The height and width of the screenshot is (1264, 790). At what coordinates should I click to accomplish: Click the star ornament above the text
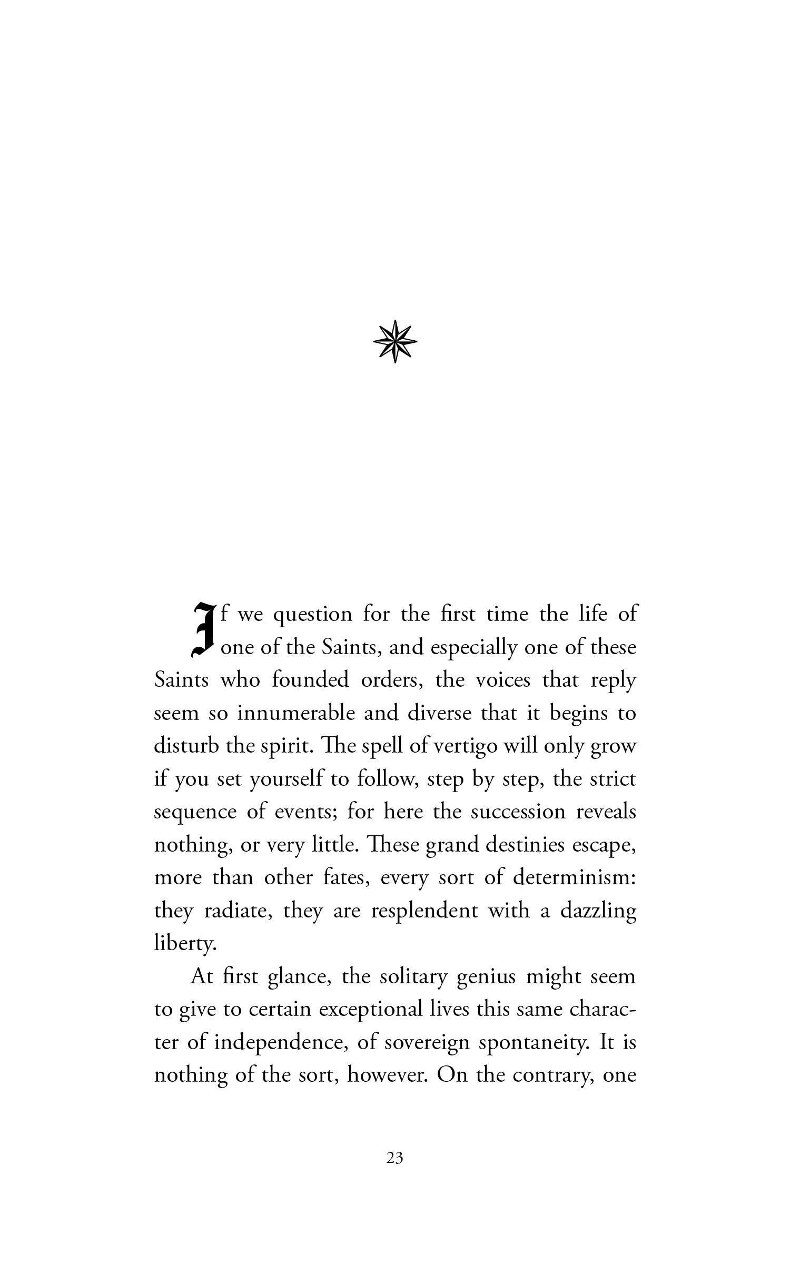point(395,341)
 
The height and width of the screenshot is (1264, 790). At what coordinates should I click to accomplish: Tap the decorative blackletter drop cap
point(203,630)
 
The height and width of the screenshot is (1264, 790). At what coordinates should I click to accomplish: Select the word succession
point(518,812)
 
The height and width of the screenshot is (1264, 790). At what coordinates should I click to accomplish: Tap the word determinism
point(575,877)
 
